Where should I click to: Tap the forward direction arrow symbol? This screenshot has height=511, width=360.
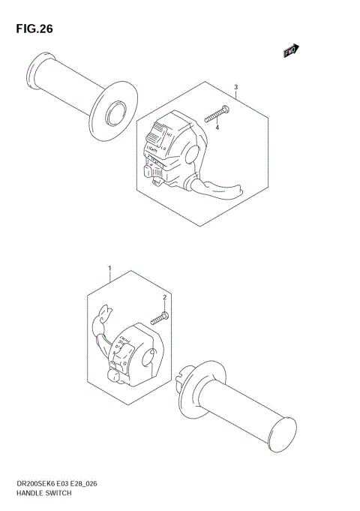(291, 50)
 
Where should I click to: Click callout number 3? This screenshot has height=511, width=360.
(235, 88)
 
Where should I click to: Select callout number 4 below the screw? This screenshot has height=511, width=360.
(217, 128)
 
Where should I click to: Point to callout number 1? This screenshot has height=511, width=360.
(110, 268)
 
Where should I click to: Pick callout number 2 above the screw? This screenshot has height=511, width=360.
(163, 298)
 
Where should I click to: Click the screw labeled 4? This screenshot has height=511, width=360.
(214, 114)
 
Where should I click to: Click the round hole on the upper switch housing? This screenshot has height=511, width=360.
(190, 153)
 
